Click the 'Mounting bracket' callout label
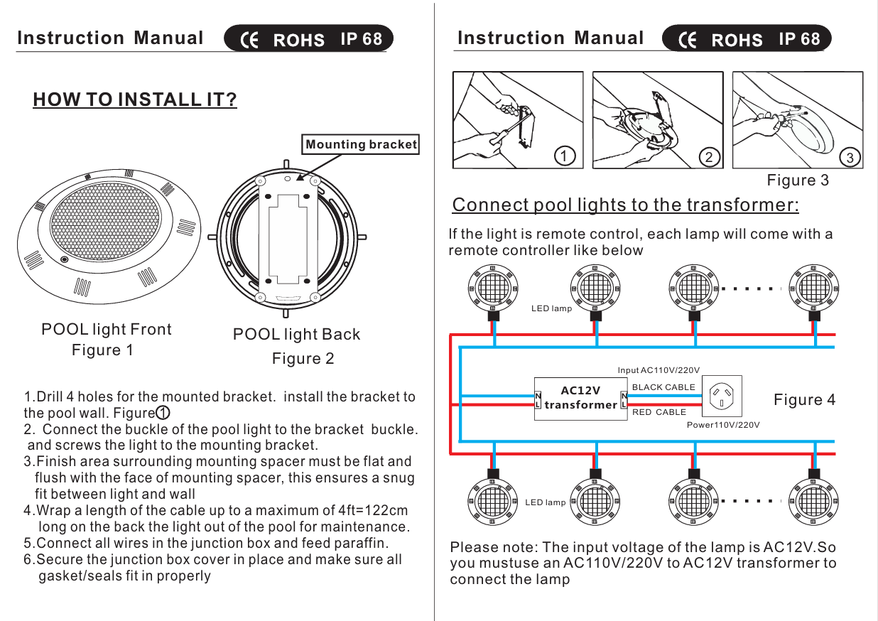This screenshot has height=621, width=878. click(x=361, y=145)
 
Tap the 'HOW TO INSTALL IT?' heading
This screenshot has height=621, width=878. click(x=135, y=99)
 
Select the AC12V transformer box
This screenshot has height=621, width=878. click(x=580, y=398)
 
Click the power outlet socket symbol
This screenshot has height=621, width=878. click(x=722, y=396)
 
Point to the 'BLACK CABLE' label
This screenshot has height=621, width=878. click(x=664, y=387)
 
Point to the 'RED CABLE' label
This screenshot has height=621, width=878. click(x=659, y=412)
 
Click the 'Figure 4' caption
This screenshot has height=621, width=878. click(x=804, y=400)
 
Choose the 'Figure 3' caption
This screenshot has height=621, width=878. click(x=798, y=180)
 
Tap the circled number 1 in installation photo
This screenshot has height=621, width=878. click(x=564, y=156)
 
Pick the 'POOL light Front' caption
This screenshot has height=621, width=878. click(x=107, y=329)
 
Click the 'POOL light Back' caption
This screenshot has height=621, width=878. click(x=297, y=334)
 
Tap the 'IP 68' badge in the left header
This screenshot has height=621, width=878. click(x=361, y=39)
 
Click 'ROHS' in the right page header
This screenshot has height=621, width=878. click(x=737, y=40)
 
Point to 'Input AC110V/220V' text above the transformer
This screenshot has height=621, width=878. click(x=658, y=370)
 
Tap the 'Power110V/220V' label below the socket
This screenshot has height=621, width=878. click(x=723, y=425)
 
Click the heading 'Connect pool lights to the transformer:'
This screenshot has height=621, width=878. click(x=625, y=205)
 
